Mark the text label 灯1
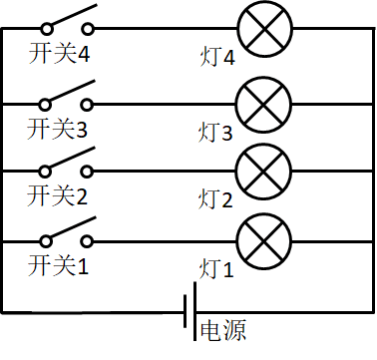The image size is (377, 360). [216, 267]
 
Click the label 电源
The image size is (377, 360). [223, 330]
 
